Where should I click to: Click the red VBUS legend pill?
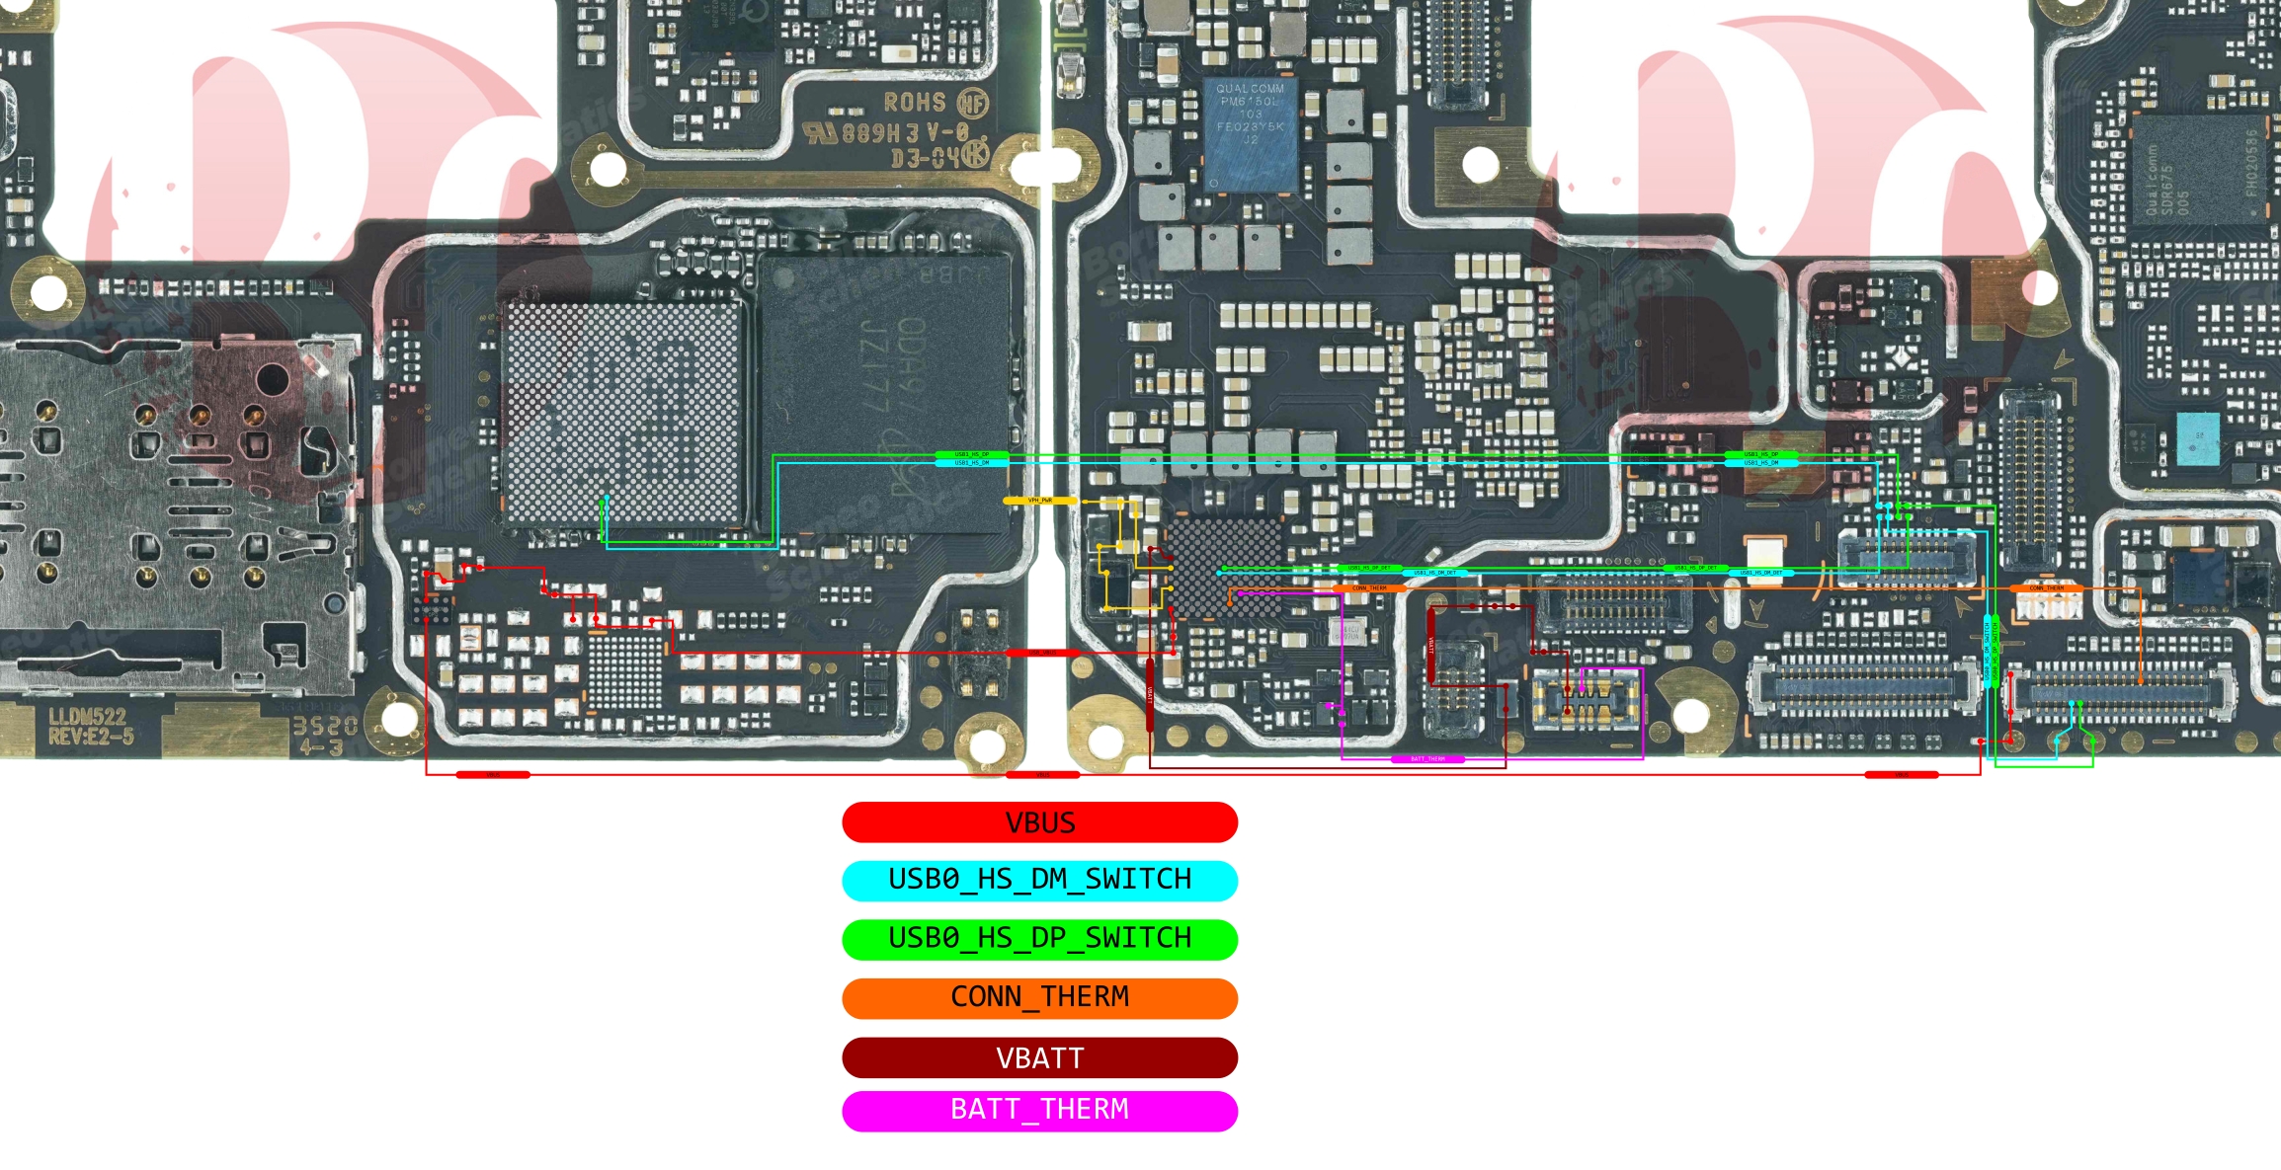coord(1039,822)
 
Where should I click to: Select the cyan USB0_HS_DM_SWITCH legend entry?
coord(1039,880)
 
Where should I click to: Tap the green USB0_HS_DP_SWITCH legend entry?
coord(1039,938)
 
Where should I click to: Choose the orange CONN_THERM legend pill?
coord(1039,997)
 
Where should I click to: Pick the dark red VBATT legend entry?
coord(1039,1057)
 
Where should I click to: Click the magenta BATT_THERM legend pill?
coord(1039,1110)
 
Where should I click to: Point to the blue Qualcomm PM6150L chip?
coord(1250,133)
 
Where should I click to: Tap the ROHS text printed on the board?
coord(915,103)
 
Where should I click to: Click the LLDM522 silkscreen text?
coord(87,717)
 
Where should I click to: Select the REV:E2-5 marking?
coord(91,737)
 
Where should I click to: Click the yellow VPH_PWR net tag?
coord(1040,501)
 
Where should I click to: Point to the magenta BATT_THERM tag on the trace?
coord(1427,759)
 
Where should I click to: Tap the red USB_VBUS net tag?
coord(1043,653)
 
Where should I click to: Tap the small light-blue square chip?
coord(2197,438)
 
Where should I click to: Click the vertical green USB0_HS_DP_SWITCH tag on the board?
coord(1995,652)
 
